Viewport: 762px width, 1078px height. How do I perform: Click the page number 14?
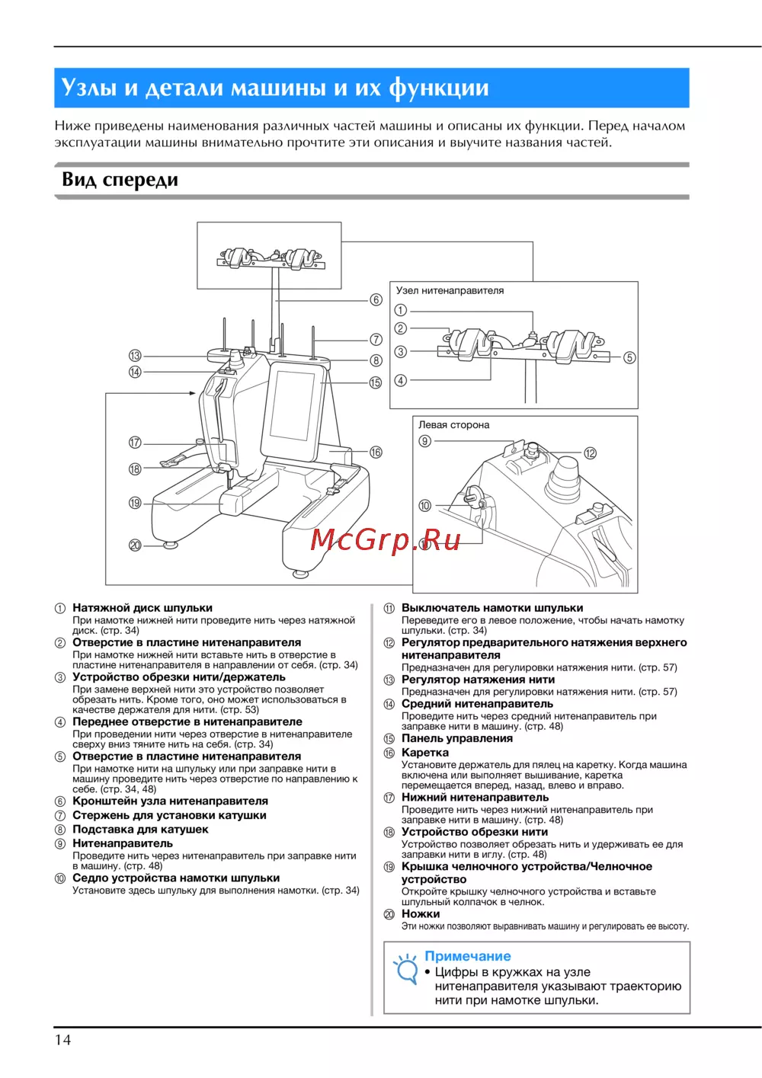pos(62,1040)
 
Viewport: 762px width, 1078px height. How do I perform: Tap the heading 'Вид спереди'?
pos(120,181)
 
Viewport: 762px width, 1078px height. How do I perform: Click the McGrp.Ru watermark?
pos(386,539)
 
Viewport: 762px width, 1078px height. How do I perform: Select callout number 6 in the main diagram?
pos(376,300)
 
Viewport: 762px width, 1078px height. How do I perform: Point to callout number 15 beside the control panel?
pos(376,382)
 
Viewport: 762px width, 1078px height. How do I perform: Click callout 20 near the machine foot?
pos(135,545)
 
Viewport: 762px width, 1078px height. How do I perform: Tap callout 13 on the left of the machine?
pos(135,356)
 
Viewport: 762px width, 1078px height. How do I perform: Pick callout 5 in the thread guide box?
pos(629,357)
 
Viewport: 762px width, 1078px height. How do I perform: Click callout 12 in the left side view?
pos(591,453)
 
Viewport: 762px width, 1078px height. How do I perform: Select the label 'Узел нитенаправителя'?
pos(450,290)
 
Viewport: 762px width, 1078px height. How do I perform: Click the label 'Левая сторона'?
pos(453,425)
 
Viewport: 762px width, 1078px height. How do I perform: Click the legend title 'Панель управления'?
pos(456,738)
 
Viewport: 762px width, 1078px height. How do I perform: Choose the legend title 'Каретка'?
pos(424,753)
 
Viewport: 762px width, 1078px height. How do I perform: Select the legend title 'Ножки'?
pos(421,913)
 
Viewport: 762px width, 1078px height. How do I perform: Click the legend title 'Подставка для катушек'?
pos(140,829)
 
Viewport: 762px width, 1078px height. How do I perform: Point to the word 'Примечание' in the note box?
pos(467,956)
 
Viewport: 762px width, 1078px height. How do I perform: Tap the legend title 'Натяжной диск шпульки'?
pos(142,608)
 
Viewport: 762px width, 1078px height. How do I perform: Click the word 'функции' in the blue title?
pos(439,88)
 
